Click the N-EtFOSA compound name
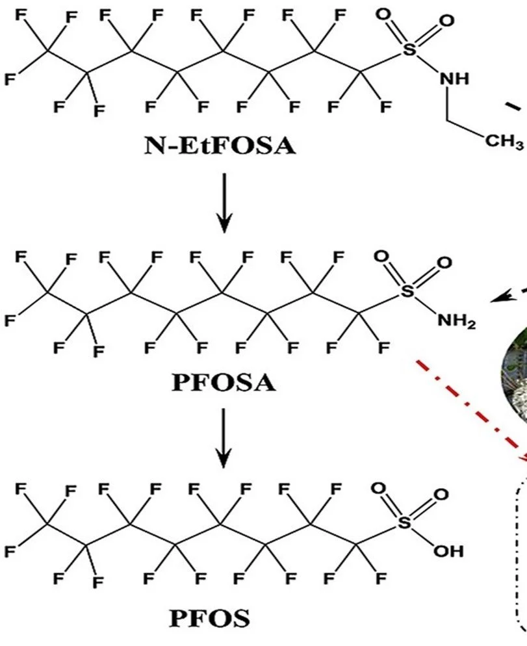(x=218, y=147)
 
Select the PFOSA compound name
(x=224, y=382)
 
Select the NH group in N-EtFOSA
(x=454, y=79)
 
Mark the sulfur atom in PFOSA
(x=407, y=292)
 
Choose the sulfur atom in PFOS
(x=407, y=524)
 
